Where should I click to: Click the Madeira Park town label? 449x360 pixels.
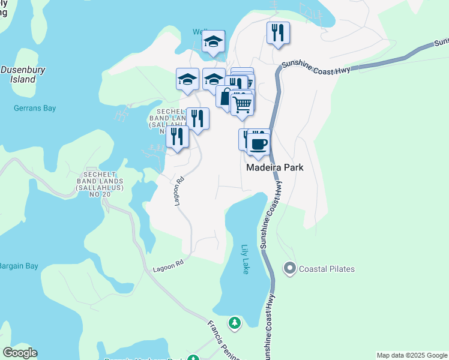[x=275, y=168]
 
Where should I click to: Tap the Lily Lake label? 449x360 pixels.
[x=245, y=259]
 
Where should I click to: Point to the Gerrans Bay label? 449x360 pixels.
[x=35, y=109]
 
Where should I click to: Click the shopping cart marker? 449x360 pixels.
[x=242, y=104]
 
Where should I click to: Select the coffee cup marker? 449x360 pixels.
[x=259, y=144]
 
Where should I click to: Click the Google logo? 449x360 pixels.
[x=20, y=353]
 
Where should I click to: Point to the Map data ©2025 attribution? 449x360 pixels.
[x=412, y=355]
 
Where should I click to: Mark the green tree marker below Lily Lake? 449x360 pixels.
[x=235, y=323]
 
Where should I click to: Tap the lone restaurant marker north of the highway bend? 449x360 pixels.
[x=278, y=32]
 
